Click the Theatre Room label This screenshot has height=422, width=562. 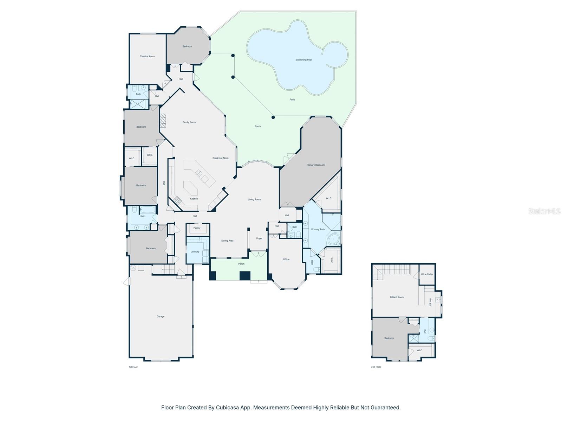pyautogui.click(x=147, y=56)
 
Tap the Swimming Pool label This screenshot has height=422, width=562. pyautogui.click(x=303, y=60)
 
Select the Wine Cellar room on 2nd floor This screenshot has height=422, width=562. pyautogui.click(x=427, y=274)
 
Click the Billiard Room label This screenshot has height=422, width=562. pyautogui.click(x=397, y=297)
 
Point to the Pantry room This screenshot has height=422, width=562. pyautogui.click(x=197, y=228)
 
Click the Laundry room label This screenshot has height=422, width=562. pyautogui.click(x=195, y=251)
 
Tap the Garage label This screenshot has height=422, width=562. pyautogui.click(x=161, y=316)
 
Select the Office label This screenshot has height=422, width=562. pyautogui.click(x=286, y=259)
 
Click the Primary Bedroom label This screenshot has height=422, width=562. pyautogui.click(x=315, y=165)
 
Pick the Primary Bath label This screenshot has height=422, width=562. pyautogui.click(x=318, y=229)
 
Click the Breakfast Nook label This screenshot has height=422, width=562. pyautogui.click(x=220, y=158)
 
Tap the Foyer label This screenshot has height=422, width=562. pyautogui.click(x=259, y=238)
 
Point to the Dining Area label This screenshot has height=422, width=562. pyautogui.click(x=227, y=241)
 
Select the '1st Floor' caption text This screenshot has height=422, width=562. pyautogui.click(x=133, y=367)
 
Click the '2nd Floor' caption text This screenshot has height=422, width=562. pyautogui.click(x=376, y=367)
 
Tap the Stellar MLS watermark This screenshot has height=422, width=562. pyautogui.click(x=544, y=211)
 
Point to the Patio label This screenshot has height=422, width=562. pyautogui.click(x=292, y=100)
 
